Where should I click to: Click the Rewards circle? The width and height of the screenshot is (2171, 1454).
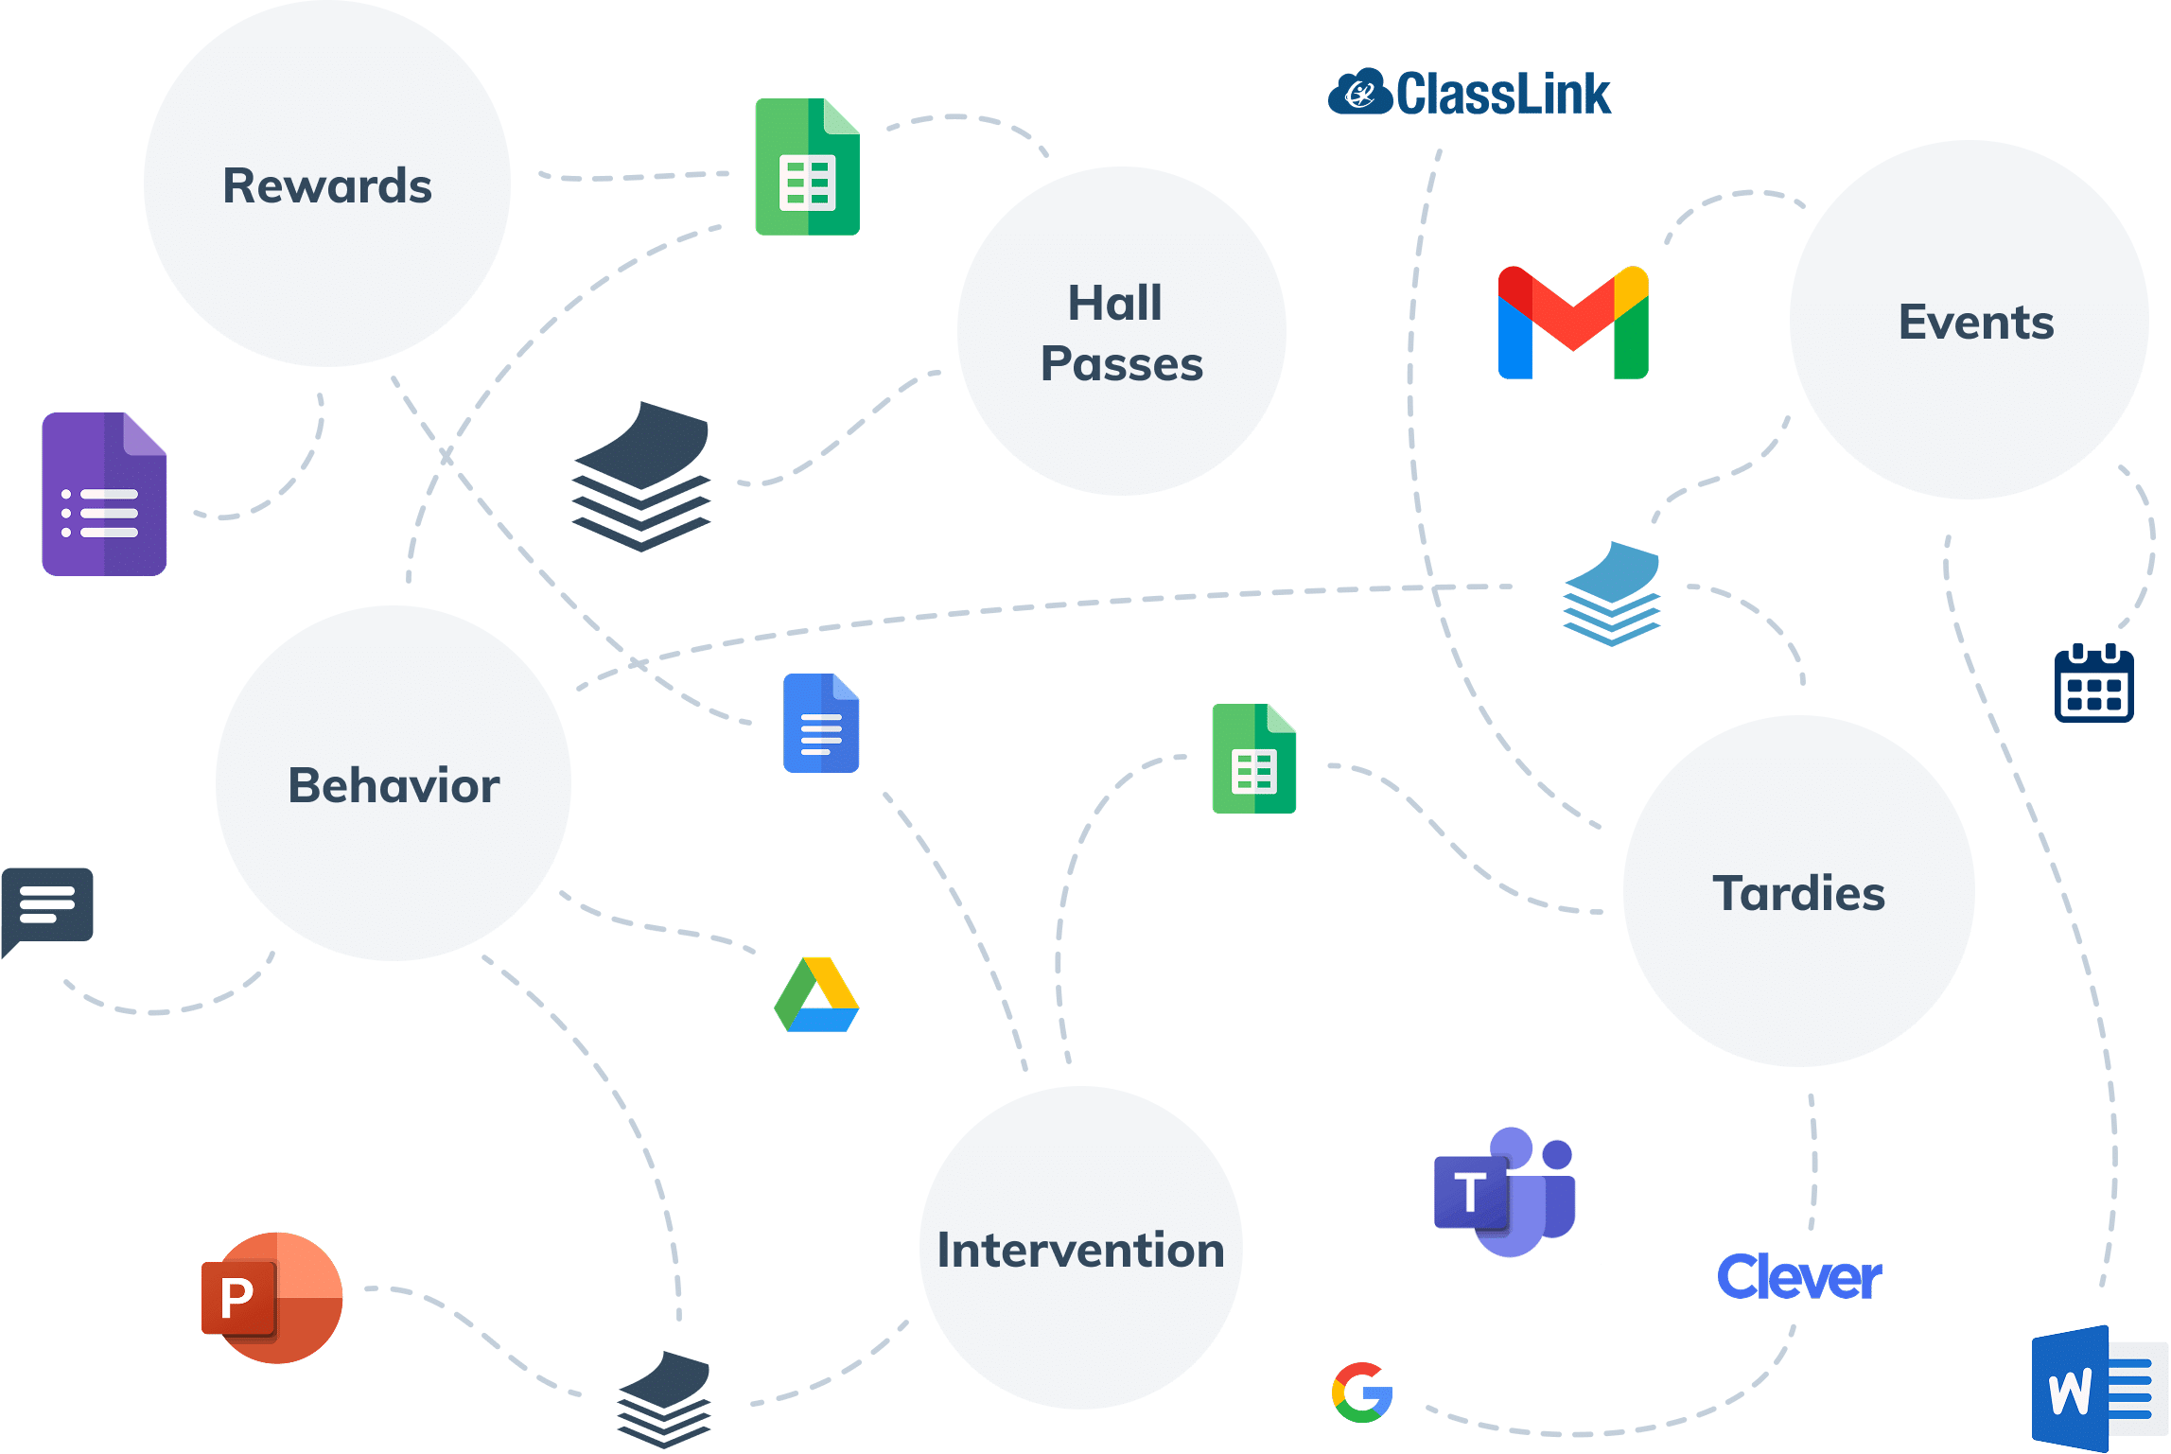(x=327, y=184)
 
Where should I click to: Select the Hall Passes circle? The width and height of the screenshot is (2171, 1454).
(x=1122, y=331)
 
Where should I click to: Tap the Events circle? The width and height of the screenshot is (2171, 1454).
(x=1970, y=321)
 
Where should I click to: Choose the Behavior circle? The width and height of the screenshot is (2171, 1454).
(x=394, y=784)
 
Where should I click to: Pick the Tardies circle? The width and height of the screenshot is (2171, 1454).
(x=1799, y=891)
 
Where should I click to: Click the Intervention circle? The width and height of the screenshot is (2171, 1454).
(x=1081, y=1248)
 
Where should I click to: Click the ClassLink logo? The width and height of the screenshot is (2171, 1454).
(x=1469, y=93)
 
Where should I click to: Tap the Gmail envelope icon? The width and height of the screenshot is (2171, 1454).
(x=1573, y=323)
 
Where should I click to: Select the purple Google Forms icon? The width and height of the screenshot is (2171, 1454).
(x=105, y=494)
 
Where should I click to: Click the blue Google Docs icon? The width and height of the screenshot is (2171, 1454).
(x=821, y=724)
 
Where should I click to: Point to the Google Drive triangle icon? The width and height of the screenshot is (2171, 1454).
(x=816, y=995)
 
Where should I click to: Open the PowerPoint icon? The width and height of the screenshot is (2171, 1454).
(x=272, y=1297)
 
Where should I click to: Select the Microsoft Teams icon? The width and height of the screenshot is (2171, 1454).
(x=1510, y=1192)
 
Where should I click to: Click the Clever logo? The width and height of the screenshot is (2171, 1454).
(x=1799, y=1277)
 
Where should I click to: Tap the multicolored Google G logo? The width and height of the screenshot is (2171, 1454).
(x=1362, y=1392)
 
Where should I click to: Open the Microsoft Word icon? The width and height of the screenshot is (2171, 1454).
(x=2099, y=1389)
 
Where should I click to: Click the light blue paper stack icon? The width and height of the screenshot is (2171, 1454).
(x=1612, y=593)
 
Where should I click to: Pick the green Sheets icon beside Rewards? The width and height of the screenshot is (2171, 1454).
(x=807, y=167)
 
